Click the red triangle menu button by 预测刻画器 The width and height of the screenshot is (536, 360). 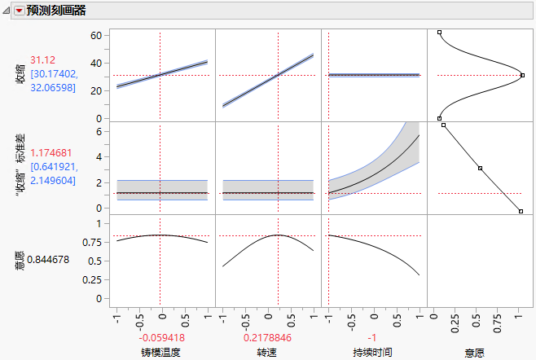[20, 11]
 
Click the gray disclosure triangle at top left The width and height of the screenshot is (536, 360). [7, 11]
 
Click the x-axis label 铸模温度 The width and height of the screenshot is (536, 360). [160, 352]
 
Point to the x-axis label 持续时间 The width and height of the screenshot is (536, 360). [372, 352]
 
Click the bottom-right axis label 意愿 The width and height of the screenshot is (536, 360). [476, 352]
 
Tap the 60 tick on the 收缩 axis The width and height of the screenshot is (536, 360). [95, 35]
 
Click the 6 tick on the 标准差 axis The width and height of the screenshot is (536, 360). [99, 130]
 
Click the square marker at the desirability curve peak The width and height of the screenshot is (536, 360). [522, 75]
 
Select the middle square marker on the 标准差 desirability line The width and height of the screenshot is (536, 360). [480, 168]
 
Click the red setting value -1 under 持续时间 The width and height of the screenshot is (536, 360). [372, 337]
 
